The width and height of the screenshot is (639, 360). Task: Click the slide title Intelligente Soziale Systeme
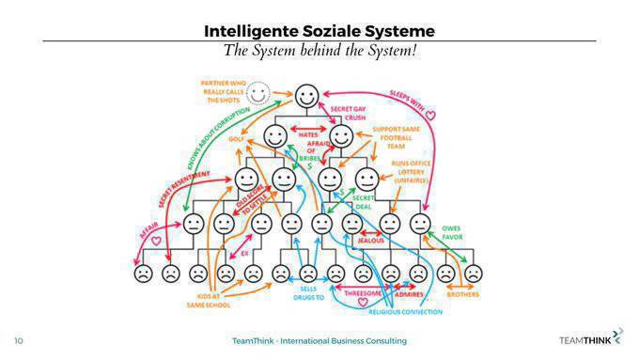tap(319, 30)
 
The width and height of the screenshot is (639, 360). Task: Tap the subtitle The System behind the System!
tap(319, 50)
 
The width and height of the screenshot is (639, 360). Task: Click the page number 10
tap(18, 339)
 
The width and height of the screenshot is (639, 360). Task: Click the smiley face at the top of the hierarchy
tap(307, 95)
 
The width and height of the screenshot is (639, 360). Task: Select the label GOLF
tap(238, 138)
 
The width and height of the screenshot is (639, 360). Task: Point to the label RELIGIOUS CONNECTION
tap(403, 310)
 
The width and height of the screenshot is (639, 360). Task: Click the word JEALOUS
tap(375, 240)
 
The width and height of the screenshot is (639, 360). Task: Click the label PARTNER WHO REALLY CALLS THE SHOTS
tap(225, 91)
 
